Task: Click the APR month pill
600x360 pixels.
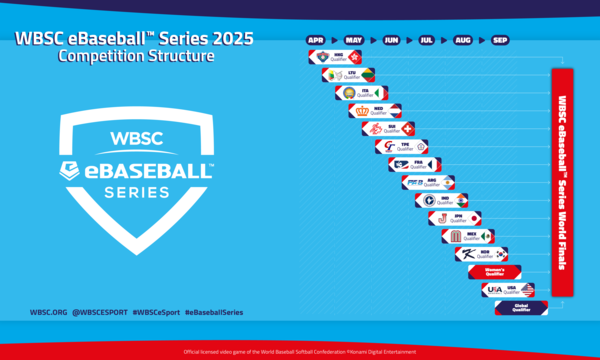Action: pos(317,41)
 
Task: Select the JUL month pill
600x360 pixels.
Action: pos(427,41)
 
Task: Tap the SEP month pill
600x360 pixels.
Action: pos(499,41)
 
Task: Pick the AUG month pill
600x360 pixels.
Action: pos(463,41)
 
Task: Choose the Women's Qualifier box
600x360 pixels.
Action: pos(494,271)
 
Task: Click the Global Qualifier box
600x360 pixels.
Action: pos(521,307)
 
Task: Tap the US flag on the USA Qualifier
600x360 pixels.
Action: pos(527,289)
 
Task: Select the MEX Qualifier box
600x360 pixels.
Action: pos(467,236)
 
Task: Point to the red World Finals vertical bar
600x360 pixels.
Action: pos(562,182)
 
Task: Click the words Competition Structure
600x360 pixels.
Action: pos(136,57)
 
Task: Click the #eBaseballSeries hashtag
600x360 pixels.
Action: pos(214,312)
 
